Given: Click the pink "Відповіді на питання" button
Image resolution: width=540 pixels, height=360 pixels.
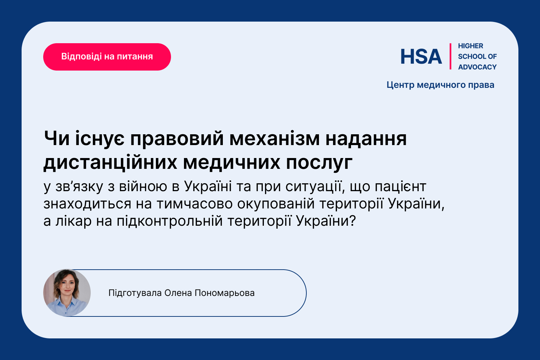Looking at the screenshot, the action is tap(107, 57).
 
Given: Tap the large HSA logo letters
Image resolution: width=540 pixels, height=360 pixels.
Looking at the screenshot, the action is tap(421, 57).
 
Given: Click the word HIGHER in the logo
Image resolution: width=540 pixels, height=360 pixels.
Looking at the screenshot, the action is tap(470, 46).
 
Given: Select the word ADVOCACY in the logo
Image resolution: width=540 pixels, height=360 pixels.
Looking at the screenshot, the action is tap(477, 67).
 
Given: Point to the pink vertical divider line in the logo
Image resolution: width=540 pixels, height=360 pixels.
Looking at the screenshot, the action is tap(450, 57).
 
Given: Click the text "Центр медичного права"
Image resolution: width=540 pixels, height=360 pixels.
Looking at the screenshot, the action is tap(440, 85).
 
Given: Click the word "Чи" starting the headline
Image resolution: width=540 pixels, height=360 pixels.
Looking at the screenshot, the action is tap(57, 139).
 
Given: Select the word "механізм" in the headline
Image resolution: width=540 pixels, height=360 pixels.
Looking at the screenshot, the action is tap(274, 139).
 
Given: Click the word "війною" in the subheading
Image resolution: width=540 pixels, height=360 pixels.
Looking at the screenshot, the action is tap(143, 186).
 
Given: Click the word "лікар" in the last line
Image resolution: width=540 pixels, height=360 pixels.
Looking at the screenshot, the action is tap(73, 221).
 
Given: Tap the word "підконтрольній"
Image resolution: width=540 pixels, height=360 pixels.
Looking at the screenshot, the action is tap(170, 221).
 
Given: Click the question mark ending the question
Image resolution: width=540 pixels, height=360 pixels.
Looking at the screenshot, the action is tap(352, 221).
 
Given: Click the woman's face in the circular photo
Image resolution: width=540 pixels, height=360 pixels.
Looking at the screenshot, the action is tap(67, 286).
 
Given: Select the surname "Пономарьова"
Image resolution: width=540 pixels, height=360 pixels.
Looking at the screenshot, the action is tap(224, 293).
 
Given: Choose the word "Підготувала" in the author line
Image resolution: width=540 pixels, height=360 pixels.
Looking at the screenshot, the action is tap(135, 293).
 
